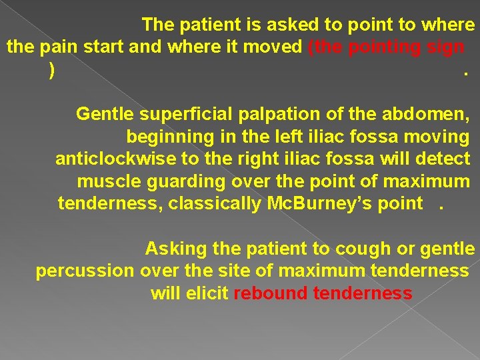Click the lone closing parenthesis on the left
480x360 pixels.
point(52,70)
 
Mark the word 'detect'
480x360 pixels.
point(445,159)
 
